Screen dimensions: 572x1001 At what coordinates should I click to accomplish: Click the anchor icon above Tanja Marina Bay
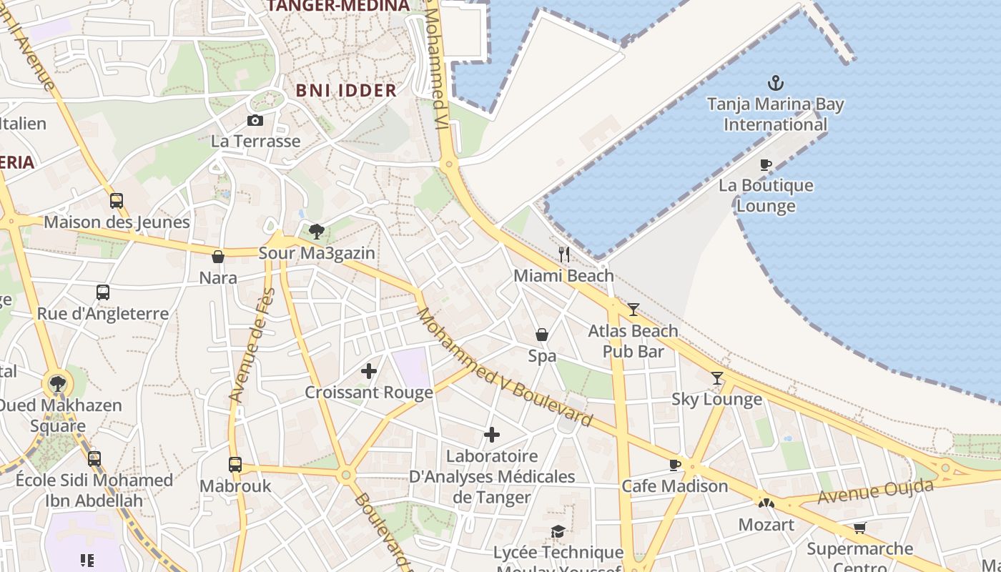tap(775, 84)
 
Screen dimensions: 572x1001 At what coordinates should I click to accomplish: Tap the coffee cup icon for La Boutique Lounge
tap(766, 165)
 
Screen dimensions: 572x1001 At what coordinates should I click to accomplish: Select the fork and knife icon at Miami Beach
tap(564, 254)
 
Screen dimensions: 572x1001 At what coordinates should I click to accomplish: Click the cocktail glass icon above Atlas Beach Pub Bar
tap(633, 310)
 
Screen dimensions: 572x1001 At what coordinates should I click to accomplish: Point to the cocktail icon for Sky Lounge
tap(717, 378)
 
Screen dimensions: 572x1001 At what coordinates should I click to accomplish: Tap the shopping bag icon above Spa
tap(542, 335)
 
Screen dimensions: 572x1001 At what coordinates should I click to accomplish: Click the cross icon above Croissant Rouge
tap(369, 371)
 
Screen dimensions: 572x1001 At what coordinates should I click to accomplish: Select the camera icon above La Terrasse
tap(255, 120)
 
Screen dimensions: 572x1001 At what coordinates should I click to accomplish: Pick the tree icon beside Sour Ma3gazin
tap(317, 232)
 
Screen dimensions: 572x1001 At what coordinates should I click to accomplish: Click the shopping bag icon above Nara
tap(218, 257)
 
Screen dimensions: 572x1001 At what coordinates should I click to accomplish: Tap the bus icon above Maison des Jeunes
tap(117, 201)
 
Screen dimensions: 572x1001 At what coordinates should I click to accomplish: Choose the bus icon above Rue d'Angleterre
tap(103, 292)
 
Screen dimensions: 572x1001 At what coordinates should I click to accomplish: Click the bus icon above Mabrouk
tap(235, 465)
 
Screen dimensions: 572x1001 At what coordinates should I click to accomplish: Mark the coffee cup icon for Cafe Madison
tap(674, 465)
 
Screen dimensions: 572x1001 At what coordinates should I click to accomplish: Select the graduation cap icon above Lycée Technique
tap(558, 531)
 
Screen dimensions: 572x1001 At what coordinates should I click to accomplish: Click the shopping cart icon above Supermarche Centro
tap(859, 528)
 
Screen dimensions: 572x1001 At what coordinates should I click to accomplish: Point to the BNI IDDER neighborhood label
tap(346, 90)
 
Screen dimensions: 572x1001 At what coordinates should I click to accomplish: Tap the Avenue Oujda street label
tap(876, 492)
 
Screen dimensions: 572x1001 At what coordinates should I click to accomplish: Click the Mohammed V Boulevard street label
tap(504, 367)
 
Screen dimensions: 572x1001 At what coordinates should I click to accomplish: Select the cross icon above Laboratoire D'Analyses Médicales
tap(492, 435)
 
